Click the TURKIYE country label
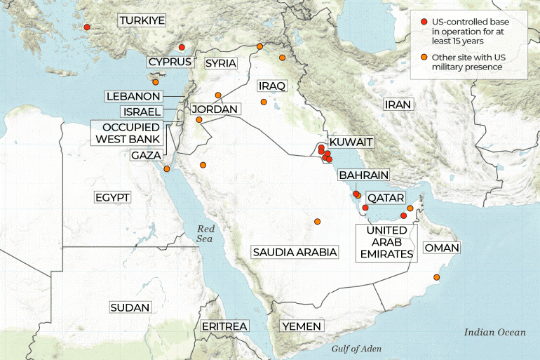coord(142,20)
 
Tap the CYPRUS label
coord(170,62)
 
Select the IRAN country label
coord(398,104)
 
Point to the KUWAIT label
coord(351,142)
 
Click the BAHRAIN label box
coord(363,175)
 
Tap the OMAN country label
coord(442,248)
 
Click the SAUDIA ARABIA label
coord(295,251)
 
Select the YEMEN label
coord(302,326)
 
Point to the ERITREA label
coord(224,326)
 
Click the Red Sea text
coord(205,234)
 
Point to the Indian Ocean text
coord(494,332)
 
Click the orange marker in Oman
coord(437,279)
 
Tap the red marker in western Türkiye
coord(87,27)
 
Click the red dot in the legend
coord(424,22)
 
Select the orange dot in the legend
coord(424,56)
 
